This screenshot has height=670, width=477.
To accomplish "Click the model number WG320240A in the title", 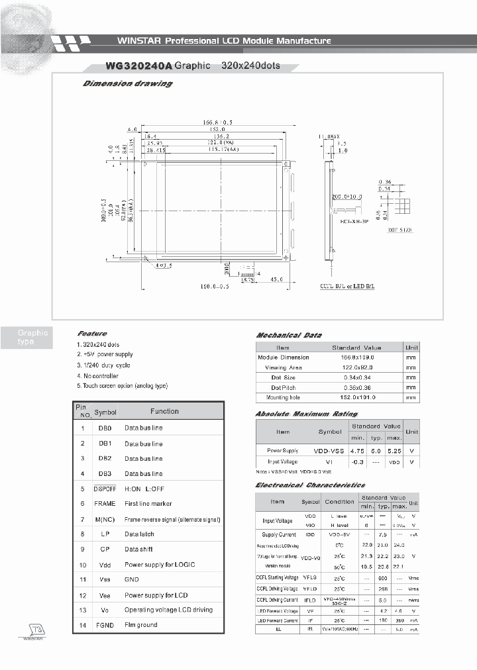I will click(x=129, y=66).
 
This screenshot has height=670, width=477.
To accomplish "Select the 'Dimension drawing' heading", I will click(x=127, y=84).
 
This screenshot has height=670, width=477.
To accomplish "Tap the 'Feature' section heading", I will click(x=92, y=334).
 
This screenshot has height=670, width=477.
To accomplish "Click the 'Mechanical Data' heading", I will click(x=289, y=336).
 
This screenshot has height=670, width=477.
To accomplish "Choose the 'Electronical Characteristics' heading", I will click(x=310, y=485).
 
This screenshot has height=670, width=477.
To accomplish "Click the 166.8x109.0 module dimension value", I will click(x=356, y=357).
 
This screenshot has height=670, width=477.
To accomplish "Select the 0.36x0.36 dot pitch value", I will click(x=356, y=387).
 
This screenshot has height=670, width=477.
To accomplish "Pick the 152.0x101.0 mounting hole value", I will click(x=356, y=397).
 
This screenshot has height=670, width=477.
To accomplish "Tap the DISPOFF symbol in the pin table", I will click(x=105, y=488).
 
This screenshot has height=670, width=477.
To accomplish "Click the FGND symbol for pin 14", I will click(x=105, y=624).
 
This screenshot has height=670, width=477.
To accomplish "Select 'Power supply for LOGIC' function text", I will click(x=160, y=565).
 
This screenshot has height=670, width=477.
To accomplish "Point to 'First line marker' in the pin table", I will click(x=148, y=504).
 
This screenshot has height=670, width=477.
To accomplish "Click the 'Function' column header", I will click(x=164, y=411).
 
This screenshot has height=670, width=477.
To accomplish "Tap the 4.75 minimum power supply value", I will click(x=358, y=450).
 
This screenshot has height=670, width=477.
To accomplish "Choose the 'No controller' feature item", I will click(x=98, y=375).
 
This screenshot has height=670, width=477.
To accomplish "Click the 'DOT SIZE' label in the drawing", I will click(x=395, y=229).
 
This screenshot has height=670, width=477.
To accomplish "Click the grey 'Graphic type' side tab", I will click(x=32, y=338).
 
